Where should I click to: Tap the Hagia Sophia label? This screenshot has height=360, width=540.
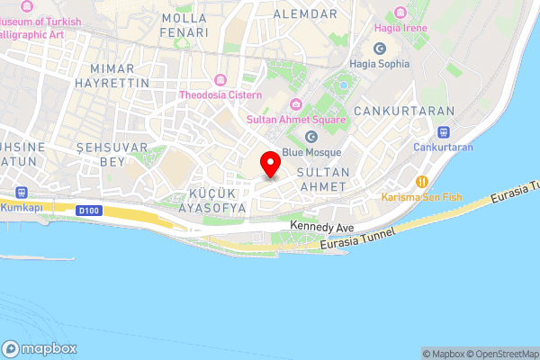pos(380,64)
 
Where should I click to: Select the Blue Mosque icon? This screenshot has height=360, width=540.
pos(311,137)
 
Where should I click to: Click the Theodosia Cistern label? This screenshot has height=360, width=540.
pos(220,94)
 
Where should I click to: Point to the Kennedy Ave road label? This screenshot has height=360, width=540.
pos(322,228)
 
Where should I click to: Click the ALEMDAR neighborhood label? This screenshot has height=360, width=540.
pos(305,13)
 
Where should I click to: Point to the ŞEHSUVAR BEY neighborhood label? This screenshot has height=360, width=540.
pos(99,154)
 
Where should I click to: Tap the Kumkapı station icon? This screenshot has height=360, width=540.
pos(20,193)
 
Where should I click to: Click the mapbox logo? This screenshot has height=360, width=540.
pos(40,349)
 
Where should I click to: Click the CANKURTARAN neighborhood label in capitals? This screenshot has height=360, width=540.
pos(391,110)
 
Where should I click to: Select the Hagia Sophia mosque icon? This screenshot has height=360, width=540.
pos(380,48)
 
